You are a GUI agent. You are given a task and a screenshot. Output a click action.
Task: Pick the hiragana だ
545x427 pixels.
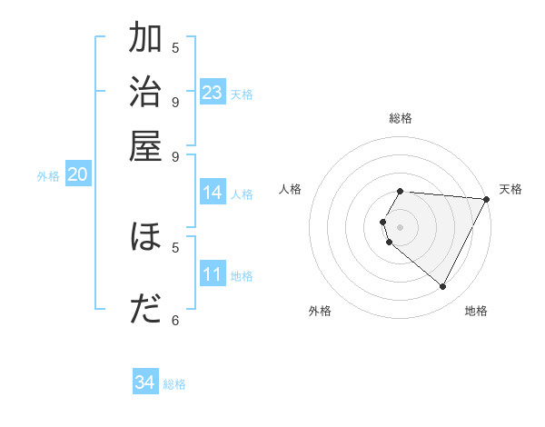[145, 310]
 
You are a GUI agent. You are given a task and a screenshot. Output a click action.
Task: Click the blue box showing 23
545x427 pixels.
[213, 93]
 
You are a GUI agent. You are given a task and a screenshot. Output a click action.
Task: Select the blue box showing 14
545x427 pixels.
[213, 193]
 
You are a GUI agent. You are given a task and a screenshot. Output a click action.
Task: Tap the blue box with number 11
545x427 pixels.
[213, 274]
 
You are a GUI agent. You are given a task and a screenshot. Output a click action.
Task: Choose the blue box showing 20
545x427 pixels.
[77, 175]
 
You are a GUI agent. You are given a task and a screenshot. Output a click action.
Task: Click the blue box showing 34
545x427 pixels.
[145, 382]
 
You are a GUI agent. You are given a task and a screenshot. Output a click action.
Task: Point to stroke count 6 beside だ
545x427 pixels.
[175, 320]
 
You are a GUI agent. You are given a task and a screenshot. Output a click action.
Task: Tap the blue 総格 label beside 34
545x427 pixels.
[174, 384]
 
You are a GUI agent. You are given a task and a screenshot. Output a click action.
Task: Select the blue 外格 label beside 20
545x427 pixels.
[48, 177]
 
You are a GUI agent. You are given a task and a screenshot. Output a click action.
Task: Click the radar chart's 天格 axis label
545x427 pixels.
[510, 189]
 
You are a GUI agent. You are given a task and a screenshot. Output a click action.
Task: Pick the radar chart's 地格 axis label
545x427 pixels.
[476, 311]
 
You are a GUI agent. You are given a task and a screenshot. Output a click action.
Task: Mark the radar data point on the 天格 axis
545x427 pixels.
[487, 199]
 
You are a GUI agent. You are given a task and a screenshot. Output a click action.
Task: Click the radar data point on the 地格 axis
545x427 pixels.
[442, 287]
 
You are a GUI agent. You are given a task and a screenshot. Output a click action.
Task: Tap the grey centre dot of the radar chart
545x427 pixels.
[401, 226]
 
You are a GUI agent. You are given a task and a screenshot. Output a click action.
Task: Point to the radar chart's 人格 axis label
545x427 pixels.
[291, 189]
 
